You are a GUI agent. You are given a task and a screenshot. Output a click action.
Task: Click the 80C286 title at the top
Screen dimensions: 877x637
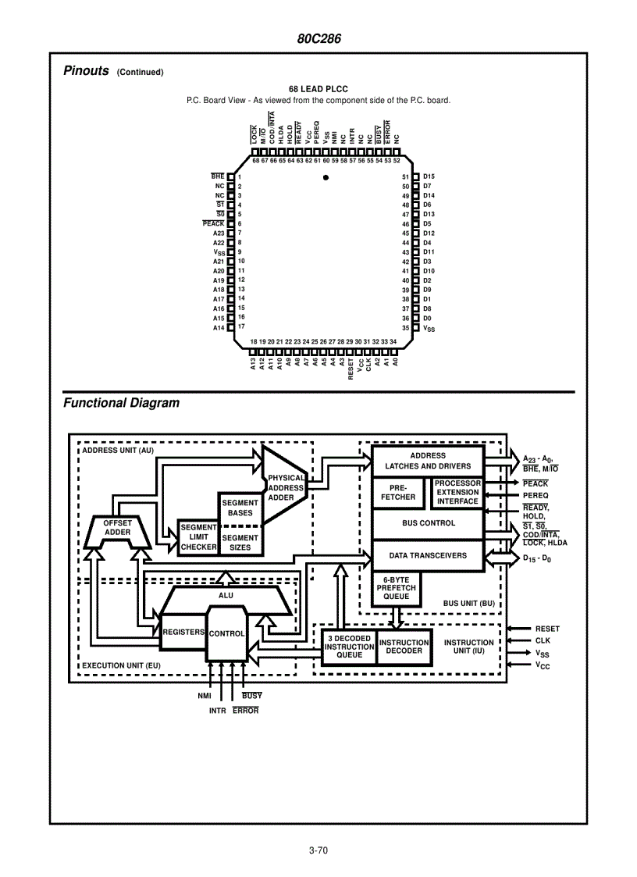pos(318,39)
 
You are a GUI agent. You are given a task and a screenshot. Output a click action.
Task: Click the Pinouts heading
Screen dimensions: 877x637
pos(86,71)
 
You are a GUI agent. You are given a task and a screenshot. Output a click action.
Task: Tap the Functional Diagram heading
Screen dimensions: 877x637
pos(121,403)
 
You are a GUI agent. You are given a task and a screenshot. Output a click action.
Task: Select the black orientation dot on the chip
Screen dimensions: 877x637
pos(326,178)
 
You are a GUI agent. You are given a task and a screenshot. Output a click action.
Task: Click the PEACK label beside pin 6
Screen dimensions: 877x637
pos(213,224)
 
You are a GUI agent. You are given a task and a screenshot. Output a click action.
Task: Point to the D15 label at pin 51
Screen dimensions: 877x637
pos(429,177)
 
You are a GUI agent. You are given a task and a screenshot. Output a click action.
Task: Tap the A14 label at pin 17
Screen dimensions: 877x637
pos(219,328)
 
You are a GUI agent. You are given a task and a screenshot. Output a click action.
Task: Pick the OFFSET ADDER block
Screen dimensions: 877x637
pos(118,529)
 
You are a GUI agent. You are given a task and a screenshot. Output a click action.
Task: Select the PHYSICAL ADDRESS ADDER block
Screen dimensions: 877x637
pos(286,487)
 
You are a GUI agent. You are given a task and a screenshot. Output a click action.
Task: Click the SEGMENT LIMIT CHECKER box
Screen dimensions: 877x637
pos(198,537)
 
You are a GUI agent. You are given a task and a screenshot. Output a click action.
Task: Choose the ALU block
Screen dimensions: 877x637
pos(226,596)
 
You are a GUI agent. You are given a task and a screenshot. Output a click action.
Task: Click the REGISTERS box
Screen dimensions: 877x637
pos(183,632)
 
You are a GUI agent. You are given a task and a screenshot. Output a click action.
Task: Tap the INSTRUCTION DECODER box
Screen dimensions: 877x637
pos(404,647)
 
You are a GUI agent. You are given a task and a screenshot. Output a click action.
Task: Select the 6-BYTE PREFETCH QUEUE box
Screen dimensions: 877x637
pos(396,588)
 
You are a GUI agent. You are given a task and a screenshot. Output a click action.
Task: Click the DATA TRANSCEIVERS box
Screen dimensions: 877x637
pos(428,556)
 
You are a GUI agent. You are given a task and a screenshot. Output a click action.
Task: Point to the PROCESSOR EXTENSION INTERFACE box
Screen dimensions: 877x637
pos(457,493)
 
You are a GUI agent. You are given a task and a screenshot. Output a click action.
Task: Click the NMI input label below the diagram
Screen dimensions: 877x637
pos(205,695)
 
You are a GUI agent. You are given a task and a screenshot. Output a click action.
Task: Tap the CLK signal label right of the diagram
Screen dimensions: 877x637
pos(543,640)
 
